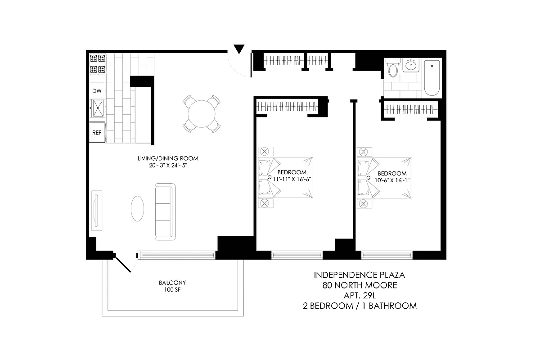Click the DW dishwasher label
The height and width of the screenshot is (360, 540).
(x=97, y=91)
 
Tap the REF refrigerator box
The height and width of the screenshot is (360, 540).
(x=97, y=133)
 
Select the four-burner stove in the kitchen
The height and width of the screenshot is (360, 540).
(x=98, y=64)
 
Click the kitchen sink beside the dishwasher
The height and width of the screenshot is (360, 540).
(x=97, y=108)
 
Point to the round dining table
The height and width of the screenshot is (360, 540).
(x=202, y=114)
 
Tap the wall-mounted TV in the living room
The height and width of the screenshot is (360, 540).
(x=96, y=210)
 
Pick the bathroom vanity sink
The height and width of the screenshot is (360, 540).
(x=412, y=66)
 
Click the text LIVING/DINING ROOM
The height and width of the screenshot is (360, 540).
(x=168, y=158)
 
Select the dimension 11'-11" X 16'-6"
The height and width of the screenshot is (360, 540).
(x=292, y=179)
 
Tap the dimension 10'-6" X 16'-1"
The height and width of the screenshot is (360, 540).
(x=392, y=180)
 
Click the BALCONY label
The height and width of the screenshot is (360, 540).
(x=172, y=283)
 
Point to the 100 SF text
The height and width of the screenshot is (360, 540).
(x=172, y=290)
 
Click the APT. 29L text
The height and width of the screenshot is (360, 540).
(x=360, y=295)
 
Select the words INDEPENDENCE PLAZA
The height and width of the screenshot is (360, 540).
(x=360, y=274)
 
